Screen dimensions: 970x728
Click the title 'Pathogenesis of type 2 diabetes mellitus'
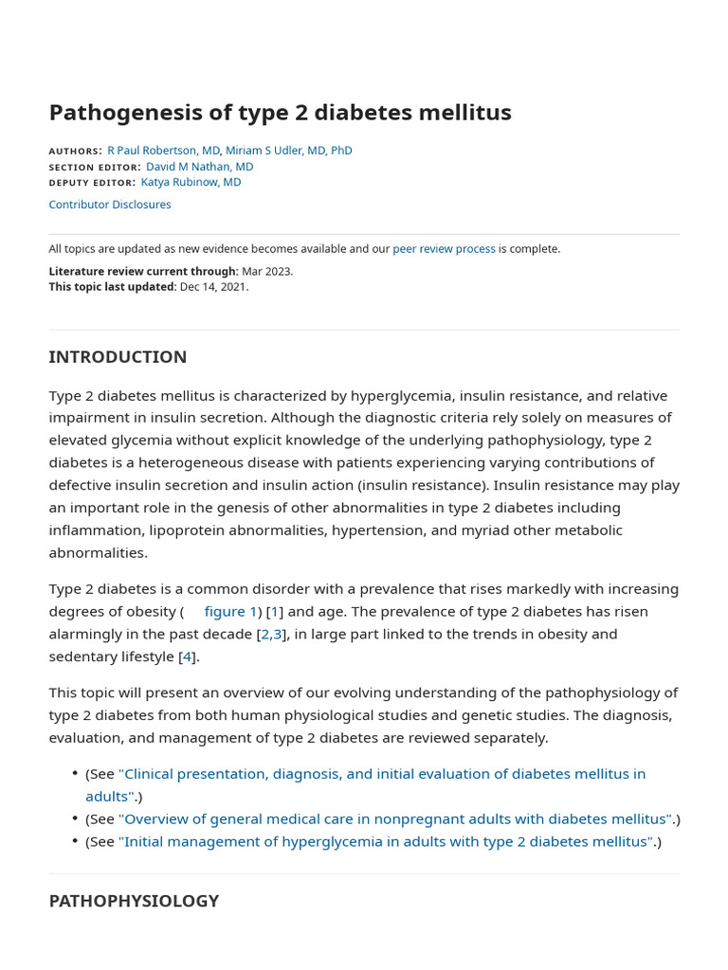pos(280,113)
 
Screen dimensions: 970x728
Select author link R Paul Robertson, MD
pos(164,151)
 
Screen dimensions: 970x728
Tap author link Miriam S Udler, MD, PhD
pos(288,151)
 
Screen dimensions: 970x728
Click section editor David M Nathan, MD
pos(199,167)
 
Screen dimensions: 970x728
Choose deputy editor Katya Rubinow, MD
pos(191,182)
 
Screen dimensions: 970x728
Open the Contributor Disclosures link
pos(110,205)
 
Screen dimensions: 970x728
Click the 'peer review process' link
pos(444,249)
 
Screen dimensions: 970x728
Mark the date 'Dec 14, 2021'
pos(213,287)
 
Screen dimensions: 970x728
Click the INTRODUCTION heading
pos(118,357)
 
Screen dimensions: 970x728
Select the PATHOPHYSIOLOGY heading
pos(134,901)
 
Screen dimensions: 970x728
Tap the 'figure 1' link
pos(230,612)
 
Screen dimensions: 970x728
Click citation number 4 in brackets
pos(187,656)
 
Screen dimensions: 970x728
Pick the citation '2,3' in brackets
pos(272,635)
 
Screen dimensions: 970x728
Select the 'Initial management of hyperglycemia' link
pos(386,842)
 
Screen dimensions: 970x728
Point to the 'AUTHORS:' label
pos(75,152)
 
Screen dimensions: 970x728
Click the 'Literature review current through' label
pos(142,271)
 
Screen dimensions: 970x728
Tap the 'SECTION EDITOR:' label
pos(95,168)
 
